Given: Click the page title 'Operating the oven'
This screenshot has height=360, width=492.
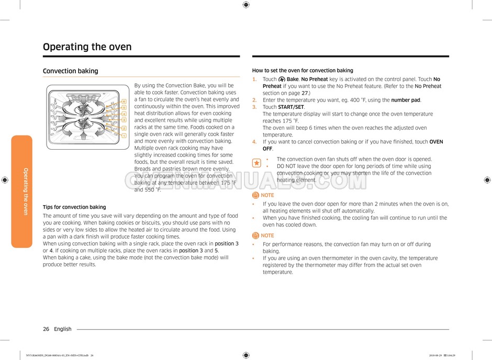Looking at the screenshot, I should [87, 47].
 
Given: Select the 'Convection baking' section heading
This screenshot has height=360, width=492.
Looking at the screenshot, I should [70, 71].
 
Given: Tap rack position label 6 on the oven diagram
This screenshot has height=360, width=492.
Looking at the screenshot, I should [124, 101].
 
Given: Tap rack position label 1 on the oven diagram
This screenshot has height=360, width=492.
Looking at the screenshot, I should [124, 136].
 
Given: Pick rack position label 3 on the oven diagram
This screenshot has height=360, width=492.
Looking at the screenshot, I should [124, 120].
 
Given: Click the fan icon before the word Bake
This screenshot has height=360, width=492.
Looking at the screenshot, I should [282, 80].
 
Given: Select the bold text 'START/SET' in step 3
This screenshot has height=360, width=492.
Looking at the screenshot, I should [290, 107].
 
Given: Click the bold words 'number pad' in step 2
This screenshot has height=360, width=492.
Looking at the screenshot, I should [406, 100].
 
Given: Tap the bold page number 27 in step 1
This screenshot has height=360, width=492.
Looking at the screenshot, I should [304, 93].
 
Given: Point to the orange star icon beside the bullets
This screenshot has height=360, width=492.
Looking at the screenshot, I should [256, 163].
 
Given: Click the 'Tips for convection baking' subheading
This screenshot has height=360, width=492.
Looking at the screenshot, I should [74, 207].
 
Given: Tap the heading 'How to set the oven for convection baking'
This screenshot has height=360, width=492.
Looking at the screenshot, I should [303, 71].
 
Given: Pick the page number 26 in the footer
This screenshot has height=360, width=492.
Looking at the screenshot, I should [46, 329].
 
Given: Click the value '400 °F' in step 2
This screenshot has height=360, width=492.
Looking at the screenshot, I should [361, 100].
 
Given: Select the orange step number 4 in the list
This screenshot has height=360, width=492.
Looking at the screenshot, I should [254, 142].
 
